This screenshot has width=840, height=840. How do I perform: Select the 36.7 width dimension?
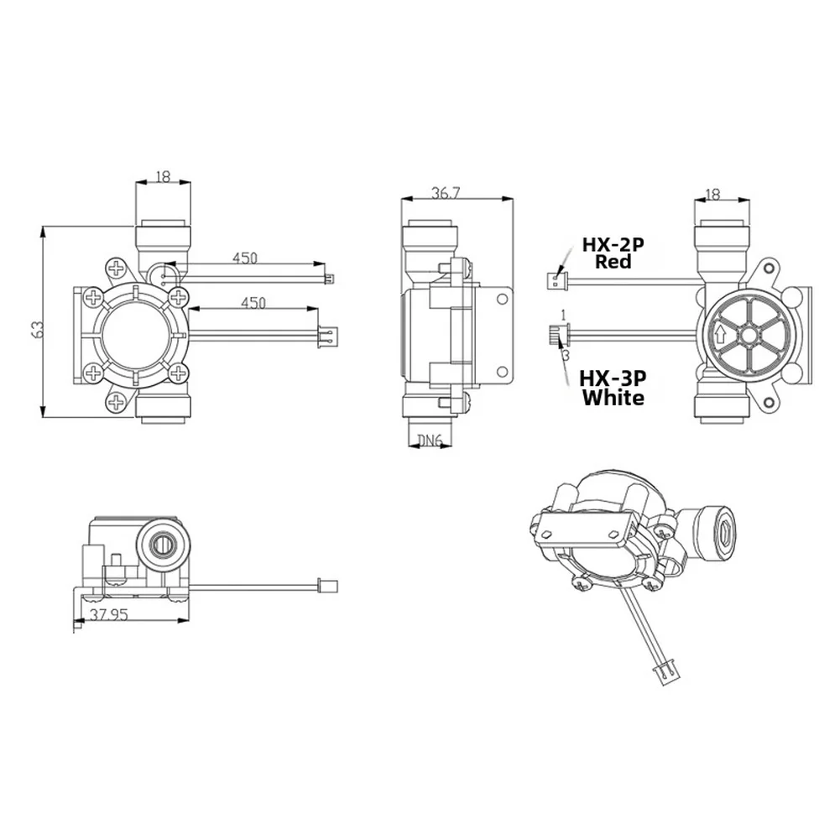(x=446, y=193)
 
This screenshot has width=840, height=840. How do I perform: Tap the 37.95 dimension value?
(x=109, y=614)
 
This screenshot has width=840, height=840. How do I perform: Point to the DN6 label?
(x=429, y=441)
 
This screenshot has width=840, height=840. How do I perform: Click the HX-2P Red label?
(x=613, y=253)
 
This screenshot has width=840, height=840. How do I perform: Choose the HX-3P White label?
(x=613, y=388)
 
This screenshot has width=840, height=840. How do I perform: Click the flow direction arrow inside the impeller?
(x=721, y=335)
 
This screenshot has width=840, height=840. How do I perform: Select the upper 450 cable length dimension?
(x=245, y=258)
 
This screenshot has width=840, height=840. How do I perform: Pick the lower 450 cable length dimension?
(x=253, y=303)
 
